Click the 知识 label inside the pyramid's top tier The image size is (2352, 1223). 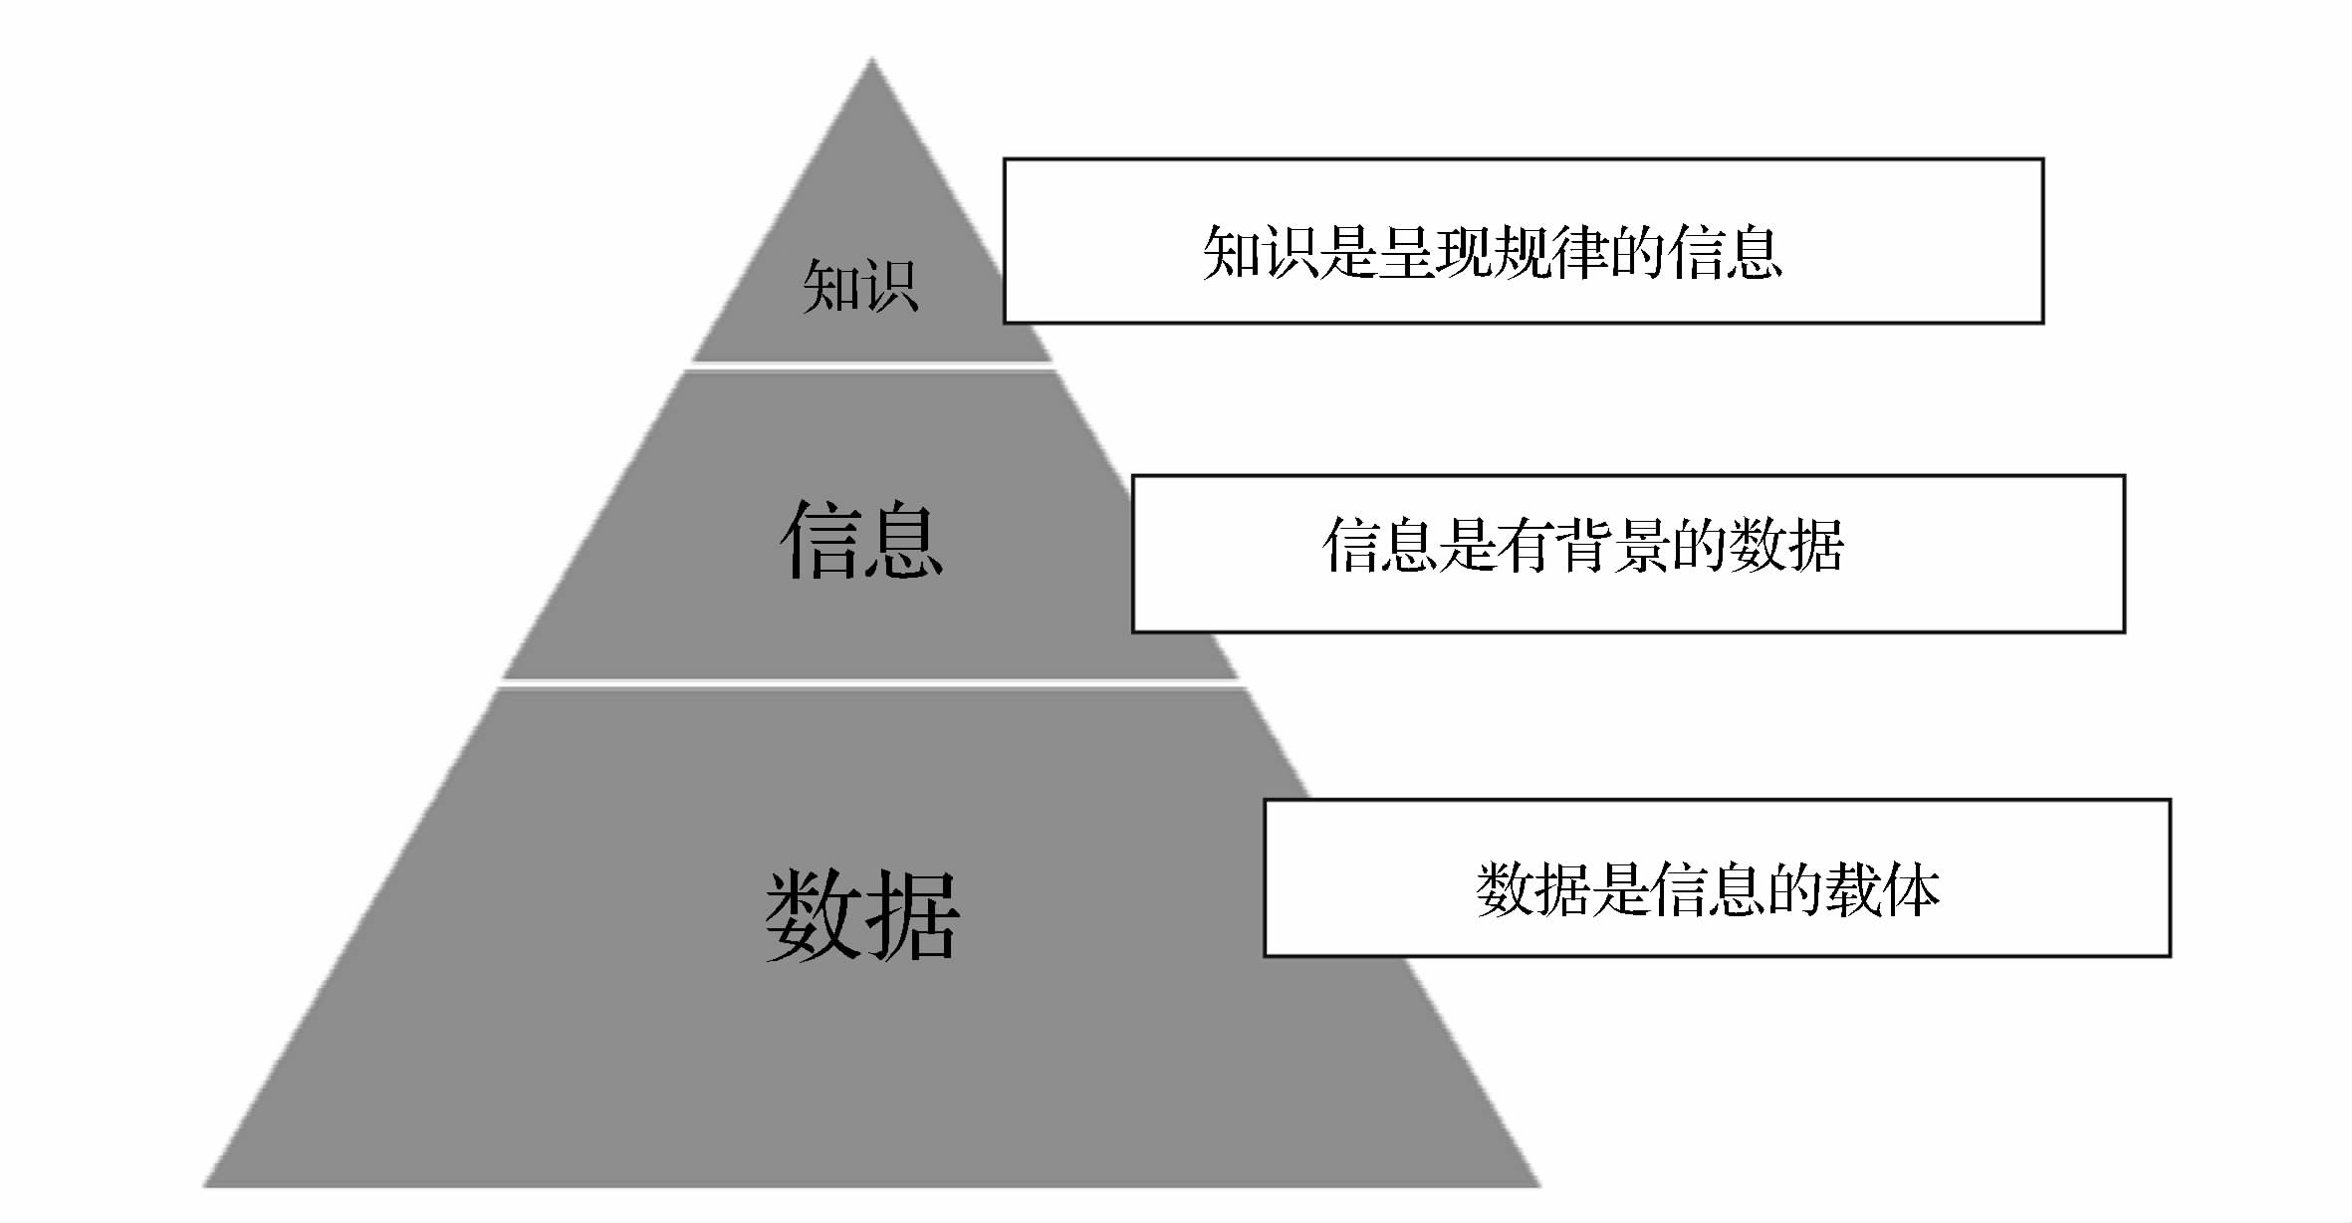point(859,286)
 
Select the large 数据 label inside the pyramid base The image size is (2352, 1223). point(862,913)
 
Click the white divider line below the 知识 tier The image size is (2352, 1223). point(872,367)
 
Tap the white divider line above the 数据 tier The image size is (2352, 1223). point(870,682)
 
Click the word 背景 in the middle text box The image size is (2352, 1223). point(1612,545)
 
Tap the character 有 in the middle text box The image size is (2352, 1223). point(1524,545)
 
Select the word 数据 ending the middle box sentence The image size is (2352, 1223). point(1786,545)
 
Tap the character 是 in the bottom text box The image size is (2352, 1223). point(1620,889)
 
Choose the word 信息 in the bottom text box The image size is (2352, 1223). point(1707,889)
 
